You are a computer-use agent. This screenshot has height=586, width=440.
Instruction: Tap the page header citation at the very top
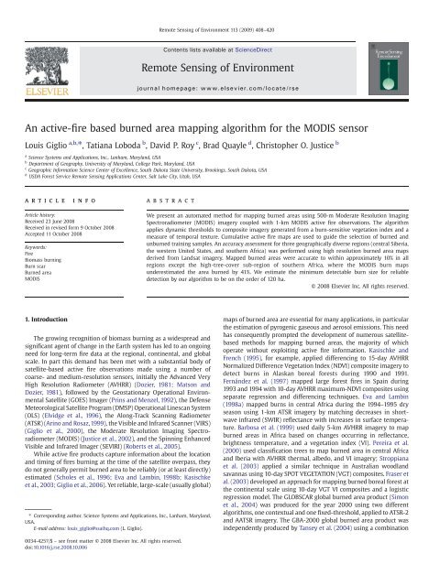pos(221,8)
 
